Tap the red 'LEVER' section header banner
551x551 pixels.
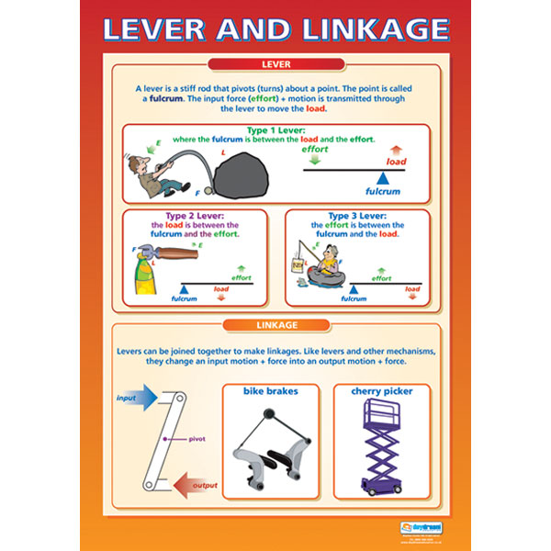tap(275, 64)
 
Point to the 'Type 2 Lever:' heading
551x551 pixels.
tap(194, 217)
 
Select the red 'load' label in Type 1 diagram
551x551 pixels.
tap(396, 162)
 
